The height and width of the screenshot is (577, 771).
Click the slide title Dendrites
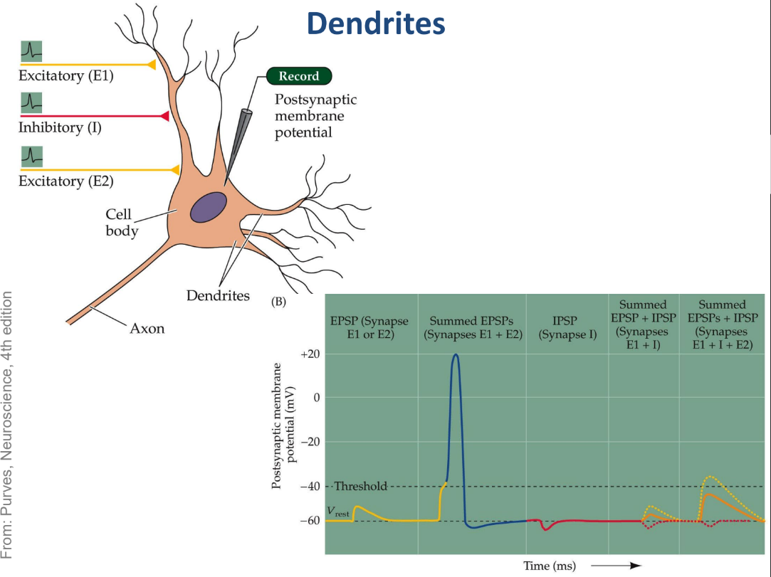(x=376, y=23)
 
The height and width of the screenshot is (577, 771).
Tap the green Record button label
(x=299, y=76)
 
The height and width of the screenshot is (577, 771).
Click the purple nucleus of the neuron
(x=209, y=208)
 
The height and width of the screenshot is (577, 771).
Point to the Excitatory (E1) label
(x=66, y=75)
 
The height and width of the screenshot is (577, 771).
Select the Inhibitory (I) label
(x=60, y=127)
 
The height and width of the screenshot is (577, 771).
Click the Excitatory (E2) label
(x=66, y=181)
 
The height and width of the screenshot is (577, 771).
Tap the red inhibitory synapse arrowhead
(x=164, y=116)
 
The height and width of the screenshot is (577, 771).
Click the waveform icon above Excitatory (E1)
(x=31, y=51)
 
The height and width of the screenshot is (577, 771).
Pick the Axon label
(x=147, y=328)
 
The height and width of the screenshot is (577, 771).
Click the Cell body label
(x=122, y=222)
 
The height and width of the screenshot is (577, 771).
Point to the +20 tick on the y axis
(x=310, y=354)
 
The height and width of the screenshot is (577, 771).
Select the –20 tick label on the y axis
(x=310, y=441)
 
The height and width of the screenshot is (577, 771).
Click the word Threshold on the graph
(x=361, y=486)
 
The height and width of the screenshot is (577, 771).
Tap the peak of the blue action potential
(x=456, y=354)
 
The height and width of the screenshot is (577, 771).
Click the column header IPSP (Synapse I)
(x=567, y=328)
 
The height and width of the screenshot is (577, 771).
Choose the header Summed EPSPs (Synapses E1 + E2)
(x=473, y=328)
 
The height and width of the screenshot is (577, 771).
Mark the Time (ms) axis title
(x=549, y=566)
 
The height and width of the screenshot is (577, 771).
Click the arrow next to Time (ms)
(x=617, y=566)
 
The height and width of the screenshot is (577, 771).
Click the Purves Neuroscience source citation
(x=7, y=425)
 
